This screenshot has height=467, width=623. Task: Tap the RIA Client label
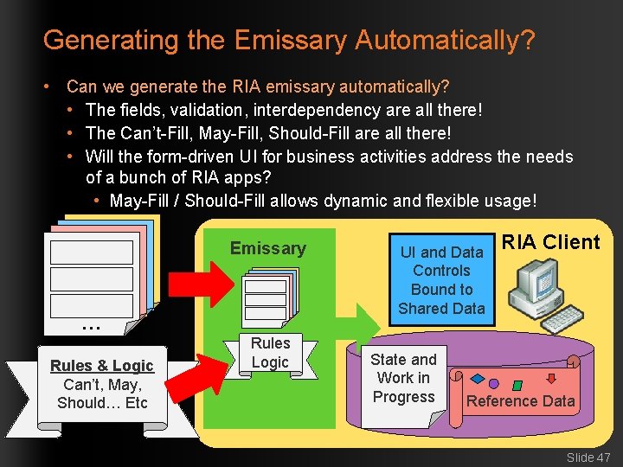coord(550,242)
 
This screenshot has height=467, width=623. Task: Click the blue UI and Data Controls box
coord(441,279)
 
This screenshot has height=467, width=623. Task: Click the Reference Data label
coord(520,400)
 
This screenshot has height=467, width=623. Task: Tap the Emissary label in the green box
coord(267,249)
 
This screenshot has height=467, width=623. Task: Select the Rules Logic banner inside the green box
coord(270,353)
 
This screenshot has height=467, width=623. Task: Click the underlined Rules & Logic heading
coord(101,366)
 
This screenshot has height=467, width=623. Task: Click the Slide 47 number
coord(588,457)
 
